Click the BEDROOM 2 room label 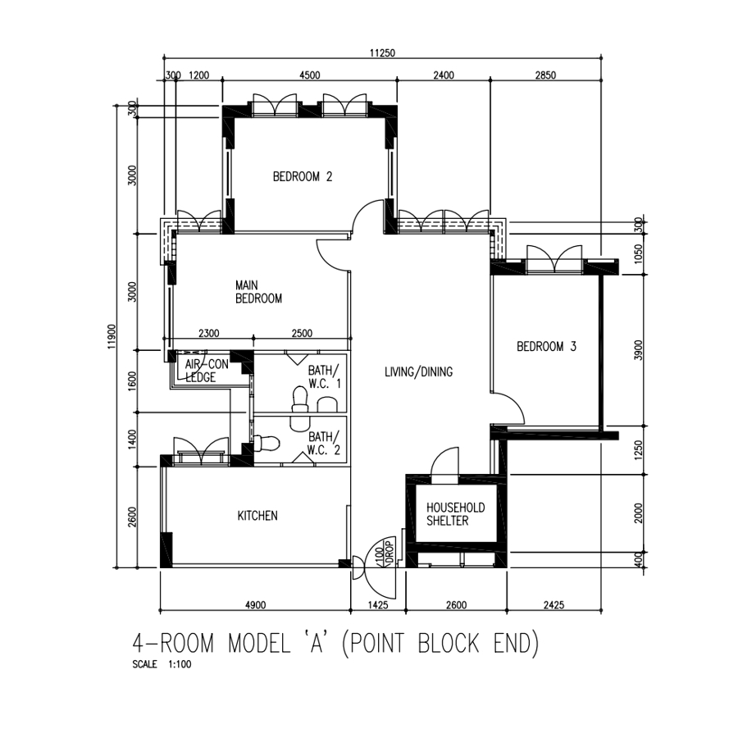pyautogui.click(x=303, y=177)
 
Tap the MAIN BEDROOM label pyautogui.click(x=258, y=292)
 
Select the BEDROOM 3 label pyautogui.click(x=546, y=347)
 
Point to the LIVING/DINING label pyautogui.click(x=418, y=372)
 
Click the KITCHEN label pyautogui.click(x=257, y=516)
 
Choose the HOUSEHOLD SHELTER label pyautogui.click(x=455, y=514)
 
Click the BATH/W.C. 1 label pyautogui.click(x=324, y=377)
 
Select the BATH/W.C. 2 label pyautogui.click(x=323, y=444)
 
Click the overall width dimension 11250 pyautogui.click(x=382, y=52)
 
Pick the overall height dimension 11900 pyautogui.click(x=112, y=336)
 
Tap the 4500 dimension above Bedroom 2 pyautogui.click(x=310, y=75)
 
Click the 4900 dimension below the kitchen pyautogui.click(x=256, y=605)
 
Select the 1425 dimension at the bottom pyautogui.click(x=377, y=605)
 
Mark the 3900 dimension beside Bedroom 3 pyautogui.click(x=638, y=350)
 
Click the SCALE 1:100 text pyautogui.click(x=162, y=664)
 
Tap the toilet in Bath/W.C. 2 pyautogui.click(x=266, y=443)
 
